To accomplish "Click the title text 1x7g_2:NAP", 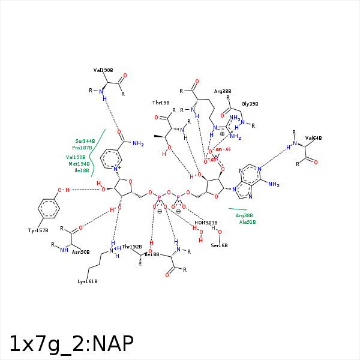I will pos(71,343).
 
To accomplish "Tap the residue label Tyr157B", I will pos(38,230).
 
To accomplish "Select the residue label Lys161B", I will pos(88,281).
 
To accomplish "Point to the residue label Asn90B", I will pos(80,252).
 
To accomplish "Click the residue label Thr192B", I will pos(132,247).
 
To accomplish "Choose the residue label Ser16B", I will pos(219,245).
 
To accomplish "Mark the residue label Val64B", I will pos(313,138).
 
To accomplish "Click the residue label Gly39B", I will pos(250,104).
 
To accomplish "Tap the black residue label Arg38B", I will pos(223,91).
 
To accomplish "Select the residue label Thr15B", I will pos(161,103).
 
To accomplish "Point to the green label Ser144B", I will pos(85,140).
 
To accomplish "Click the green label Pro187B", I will pos(82,148).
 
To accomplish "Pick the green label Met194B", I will pos(79,163).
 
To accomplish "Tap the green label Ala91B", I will pos(247,222).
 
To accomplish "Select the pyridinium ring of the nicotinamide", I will pos(112,159).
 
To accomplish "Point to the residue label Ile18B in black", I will pos(152,254).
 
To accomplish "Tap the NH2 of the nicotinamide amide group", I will pos(139,143).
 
